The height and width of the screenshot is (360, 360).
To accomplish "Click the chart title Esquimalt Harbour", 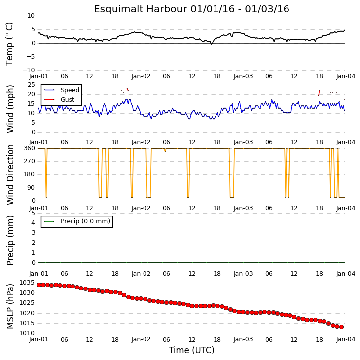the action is pyautogui.click(x=141, y=9).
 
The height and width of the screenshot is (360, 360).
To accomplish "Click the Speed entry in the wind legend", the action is pyautogui.click(x=70, y=90).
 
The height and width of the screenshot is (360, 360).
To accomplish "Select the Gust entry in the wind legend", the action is pyautogui.click(x=67, y=100).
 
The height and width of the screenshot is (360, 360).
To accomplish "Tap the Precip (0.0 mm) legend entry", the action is pyautogui.click(x=85, y=221).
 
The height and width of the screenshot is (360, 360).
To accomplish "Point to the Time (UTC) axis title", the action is pyautogui.click(x=192, y=350).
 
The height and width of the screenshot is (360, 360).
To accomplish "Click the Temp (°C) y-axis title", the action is pyautogui.click(x=9, y=44).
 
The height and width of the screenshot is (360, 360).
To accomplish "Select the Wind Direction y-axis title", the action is pyautogui.click(x=10, y=175).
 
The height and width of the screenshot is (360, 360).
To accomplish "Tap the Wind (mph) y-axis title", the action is pyautogui.click(x=10, y=109).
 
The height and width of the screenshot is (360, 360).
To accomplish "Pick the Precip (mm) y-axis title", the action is pyautogui.click(x=10, y=241).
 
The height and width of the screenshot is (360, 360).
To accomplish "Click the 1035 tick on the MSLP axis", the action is pyautogui.click(x=27, y=283).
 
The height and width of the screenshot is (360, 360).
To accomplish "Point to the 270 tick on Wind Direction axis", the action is pyautogui.click(x=30, y=161).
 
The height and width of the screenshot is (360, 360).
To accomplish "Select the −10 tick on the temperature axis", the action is pyautogui.click(x=29, y=70).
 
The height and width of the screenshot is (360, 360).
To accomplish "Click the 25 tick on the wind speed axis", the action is pyautogui.click(x=31, y=85).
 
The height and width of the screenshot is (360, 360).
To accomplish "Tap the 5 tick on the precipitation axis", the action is pyautogui.click(x=33, y=213).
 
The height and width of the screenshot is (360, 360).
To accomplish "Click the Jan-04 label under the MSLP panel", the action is pyautogui.click(x=346, y=339).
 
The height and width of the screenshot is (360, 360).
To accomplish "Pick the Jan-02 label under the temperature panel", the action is pyautogui.click(x=141, y=76).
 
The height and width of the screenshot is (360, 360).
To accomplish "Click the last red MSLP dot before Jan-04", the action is pyautogui.click(x=342, y=327).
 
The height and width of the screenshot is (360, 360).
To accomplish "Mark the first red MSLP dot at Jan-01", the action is pyautogui.click(x=39, y=285).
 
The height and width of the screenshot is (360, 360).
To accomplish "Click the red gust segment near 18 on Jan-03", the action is pyautogui.click(x=319, y=93).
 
